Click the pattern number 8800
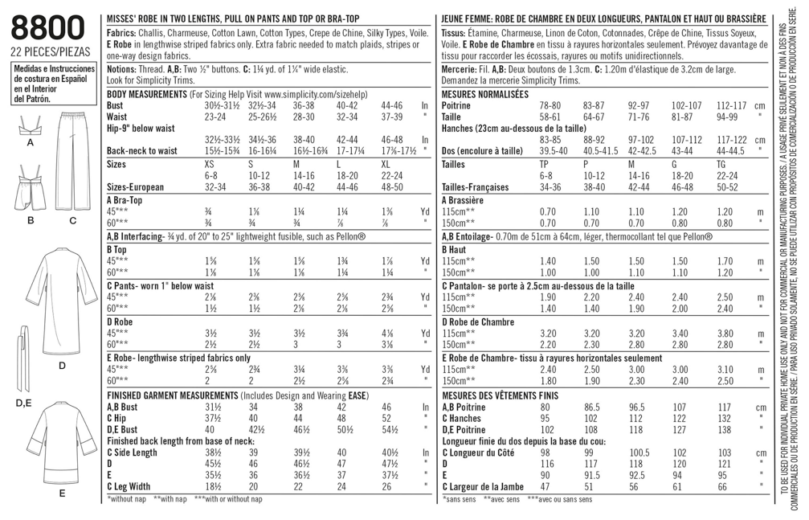(47, 29)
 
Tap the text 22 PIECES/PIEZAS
(47, 53)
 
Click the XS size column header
(211, 163)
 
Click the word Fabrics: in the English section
(121, 34)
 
